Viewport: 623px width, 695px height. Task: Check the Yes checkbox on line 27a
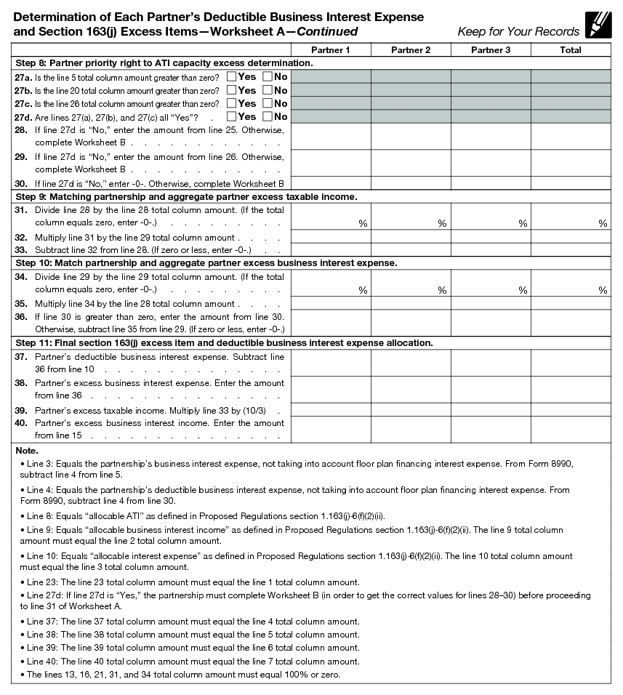tap(231, 76)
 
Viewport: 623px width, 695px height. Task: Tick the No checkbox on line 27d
tap(268, 116)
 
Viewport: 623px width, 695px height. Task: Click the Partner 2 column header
tap(411, 49)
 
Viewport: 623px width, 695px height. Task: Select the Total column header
tap(571, 49)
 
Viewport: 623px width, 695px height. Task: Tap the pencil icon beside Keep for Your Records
tap(598, 25)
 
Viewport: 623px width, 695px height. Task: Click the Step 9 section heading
tap(185, 197)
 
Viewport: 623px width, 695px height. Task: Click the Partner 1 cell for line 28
tap(331, 136)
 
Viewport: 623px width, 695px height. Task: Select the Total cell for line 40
tap(571, 430)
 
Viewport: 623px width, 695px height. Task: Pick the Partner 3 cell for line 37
tap(491, 363)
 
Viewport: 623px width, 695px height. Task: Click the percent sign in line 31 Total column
tap(603, 224)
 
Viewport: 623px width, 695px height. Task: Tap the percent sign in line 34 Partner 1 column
tap(362, 290)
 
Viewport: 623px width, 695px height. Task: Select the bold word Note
tap(27, 451)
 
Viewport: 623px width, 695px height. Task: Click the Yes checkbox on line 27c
tap(231, 103)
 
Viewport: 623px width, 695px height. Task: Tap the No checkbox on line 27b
tap(268, 90)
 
